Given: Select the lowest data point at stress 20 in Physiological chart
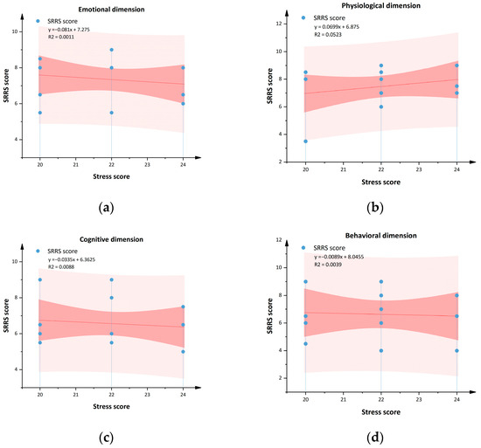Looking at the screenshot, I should [304, 141].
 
